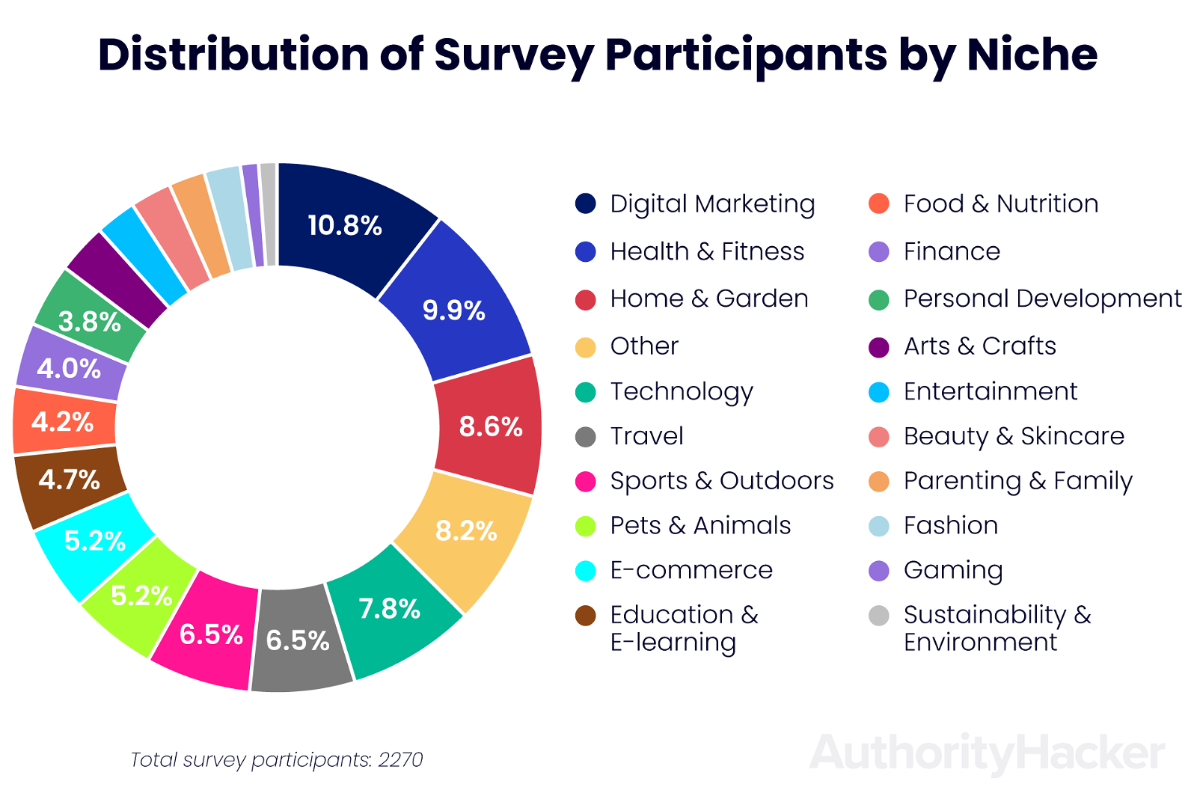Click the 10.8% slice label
coord(345,225)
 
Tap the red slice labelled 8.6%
coord(489,426)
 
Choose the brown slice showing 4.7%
coord(70,480)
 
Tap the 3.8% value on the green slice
coord(90,322)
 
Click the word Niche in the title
coord(1032,55)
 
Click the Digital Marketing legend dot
coord(585,203)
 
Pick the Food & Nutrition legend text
coord(1000,203)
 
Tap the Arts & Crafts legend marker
coord(879,347)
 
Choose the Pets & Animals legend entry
coord(700,526)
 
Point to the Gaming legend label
coord(953,571)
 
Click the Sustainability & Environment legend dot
coord(879,616)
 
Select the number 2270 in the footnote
coord(400,760)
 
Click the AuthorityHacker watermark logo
coord(987,753)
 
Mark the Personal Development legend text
coord(1042,299)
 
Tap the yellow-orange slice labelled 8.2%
coord(465,532)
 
